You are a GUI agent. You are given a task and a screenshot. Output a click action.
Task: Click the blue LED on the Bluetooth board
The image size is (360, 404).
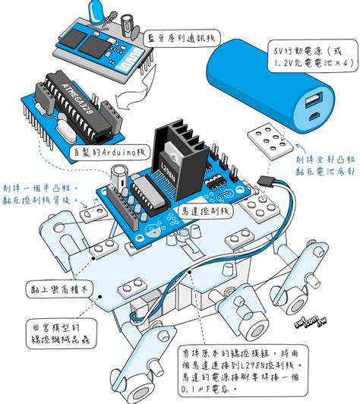click(97, 11)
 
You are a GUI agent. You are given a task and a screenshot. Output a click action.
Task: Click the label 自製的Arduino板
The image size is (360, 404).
click(108, 151)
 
